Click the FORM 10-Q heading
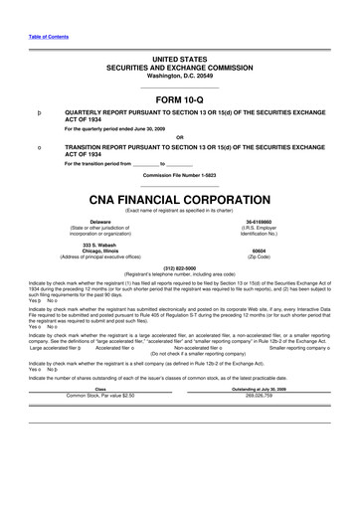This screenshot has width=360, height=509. click(179, 99)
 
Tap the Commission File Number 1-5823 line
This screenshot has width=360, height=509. click(179, 176)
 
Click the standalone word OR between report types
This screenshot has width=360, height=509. click(179, 137)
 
